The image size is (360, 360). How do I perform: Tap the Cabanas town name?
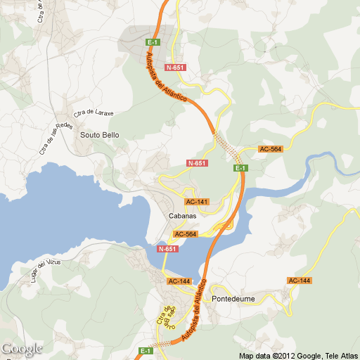(x=177, y=217)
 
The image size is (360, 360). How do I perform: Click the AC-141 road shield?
(x=198, y=202)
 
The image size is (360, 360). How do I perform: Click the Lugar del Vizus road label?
(x=46, y=270)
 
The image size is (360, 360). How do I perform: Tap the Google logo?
(x=21, y=348)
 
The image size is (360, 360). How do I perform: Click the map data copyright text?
(x=298, y=355)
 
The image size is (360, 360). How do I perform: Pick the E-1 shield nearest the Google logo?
(x=146, y=350)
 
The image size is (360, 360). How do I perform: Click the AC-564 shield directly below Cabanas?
(x=185, y=234)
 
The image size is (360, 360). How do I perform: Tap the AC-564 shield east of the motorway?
(x=270, y=149)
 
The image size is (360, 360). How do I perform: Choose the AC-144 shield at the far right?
(x=299, y=281)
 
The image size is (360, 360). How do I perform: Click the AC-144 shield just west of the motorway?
(x=179, y=281)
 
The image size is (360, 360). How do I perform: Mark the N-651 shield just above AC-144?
(x=167, y=249)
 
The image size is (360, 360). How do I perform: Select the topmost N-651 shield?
(x=175, y=67)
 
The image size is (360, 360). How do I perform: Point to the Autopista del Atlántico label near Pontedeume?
(x=195, y=309)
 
